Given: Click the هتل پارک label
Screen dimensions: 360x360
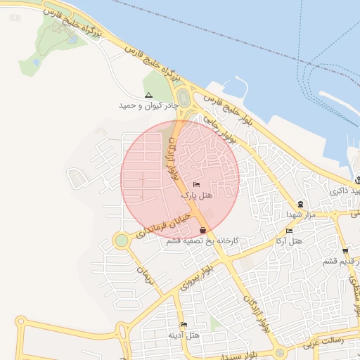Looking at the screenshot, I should pyautogui.click(x=196, y=194).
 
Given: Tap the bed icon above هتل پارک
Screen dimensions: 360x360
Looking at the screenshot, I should pyautogui.click(x=195, y=184).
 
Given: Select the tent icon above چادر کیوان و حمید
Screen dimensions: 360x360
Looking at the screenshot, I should pyautogui.click(x=148, y=95).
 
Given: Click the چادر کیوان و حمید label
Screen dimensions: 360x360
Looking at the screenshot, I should pyautogui.click(x=148, y=105).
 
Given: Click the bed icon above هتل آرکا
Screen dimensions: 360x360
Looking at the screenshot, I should pyautogui.click(x=289, y=231).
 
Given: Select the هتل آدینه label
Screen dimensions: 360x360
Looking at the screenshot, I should pyautogui.click(x=184, y=335).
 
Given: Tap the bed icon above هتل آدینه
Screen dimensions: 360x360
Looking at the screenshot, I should pyautogui.click(x=184, y=325).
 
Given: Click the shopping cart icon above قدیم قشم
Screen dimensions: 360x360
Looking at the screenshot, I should pyautogui.click(x=345, y=251).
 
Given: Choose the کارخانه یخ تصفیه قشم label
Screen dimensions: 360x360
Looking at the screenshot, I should pyautogui.click(x=203, y=240).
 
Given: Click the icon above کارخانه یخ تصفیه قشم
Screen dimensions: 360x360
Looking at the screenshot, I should pyautogui.click(x=203, y=231).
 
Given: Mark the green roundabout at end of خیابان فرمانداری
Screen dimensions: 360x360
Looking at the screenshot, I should pyautogui.click(x=122, y=240).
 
